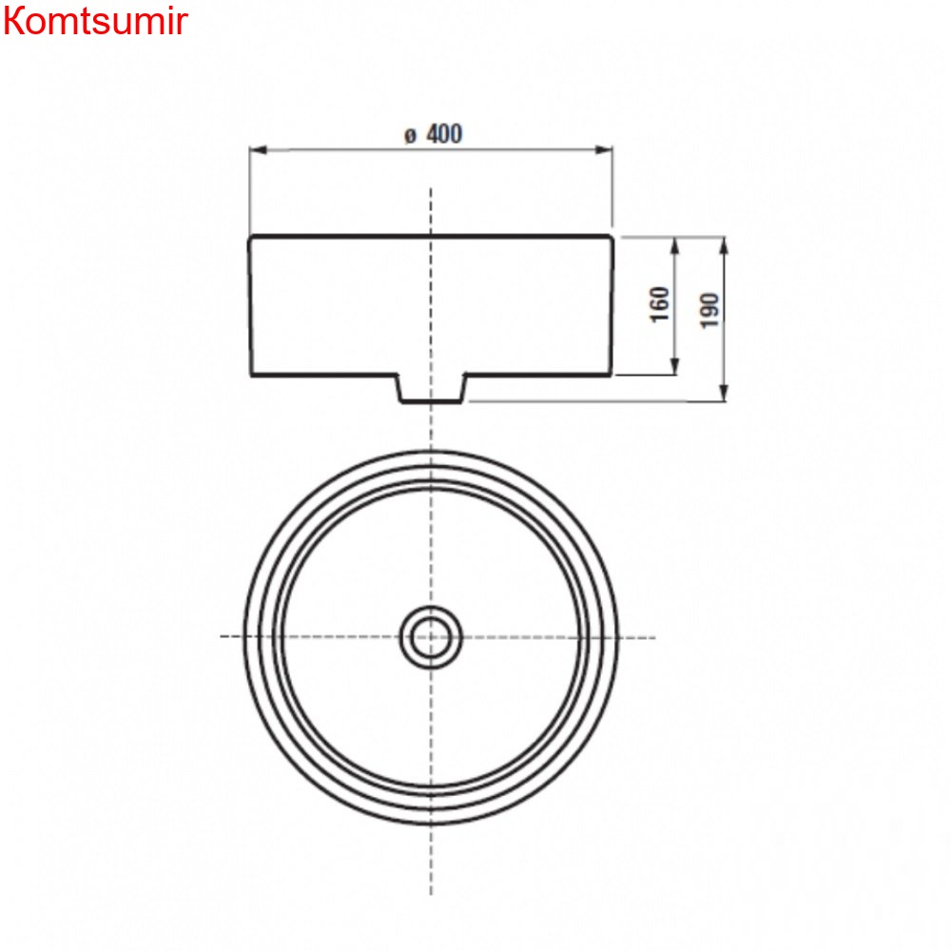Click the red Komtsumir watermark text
(95, 21)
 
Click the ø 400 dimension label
(433, 134)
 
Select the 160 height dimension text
(661, 303)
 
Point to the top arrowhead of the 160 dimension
(675, 243)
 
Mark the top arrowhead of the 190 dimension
(725, 243)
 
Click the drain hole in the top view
(431, 636)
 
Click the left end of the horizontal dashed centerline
(223, 635)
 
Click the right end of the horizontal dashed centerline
(654, 635)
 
